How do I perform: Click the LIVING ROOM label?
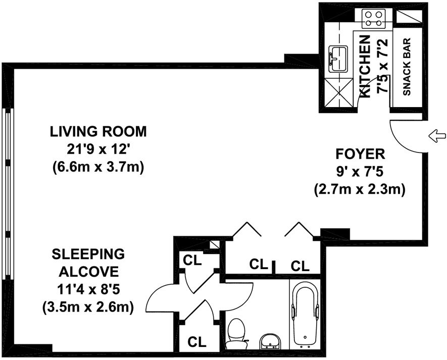tap(98, 132)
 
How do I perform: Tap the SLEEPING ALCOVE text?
tap(88, 263)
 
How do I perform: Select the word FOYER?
tap(360, 154)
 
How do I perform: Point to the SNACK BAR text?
tap(407, 67)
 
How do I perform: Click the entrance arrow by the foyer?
tap(437, 136)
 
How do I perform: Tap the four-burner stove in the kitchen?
tap(373, 19)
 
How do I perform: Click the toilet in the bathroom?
tap(236, 333)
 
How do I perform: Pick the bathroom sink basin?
tap(270, 341)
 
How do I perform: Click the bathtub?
tap(305, 315)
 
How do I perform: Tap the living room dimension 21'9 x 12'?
tap(96, 149)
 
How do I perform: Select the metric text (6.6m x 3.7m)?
tap(98, 167)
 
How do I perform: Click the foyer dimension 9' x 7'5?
tap(359, 172)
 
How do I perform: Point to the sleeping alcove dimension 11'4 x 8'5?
tap(88, 290)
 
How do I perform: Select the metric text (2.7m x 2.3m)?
tap(360, 189)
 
